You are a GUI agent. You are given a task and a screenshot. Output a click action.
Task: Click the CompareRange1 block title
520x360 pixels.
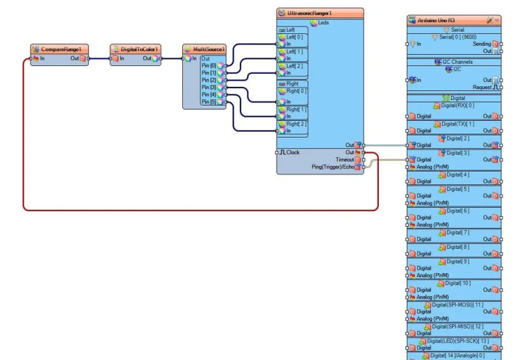coord(61,49)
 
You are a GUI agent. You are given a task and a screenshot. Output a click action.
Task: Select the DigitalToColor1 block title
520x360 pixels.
coord(138,49)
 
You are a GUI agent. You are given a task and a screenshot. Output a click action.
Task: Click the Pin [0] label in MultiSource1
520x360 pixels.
coord(209,65)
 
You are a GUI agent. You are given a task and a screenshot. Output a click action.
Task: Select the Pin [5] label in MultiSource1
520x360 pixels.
coord(209,101)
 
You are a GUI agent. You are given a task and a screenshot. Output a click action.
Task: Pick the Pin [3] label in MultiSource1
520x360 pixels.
coord(209,87)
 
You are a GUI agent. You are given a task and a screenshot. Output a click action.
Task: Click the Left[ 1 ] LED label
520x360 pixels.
coord(295,51)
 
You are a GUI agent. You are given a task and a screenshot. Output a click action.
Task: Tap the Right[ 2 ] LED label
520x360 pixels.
coord(296,124)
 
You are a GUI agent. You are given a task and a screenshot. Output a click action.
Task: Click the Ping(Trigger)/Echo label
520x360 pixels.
coord(332,167)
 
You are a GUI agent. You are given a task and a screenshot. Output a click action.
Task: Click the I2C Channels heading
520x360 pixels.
coord(457,61)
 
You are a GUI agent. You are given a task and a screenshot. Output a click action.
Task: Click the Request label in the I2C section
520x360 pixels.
coord(482,87)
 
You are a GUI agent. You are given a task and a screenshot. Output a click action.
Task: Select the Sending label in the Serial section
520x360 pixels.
coord(482,44)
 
